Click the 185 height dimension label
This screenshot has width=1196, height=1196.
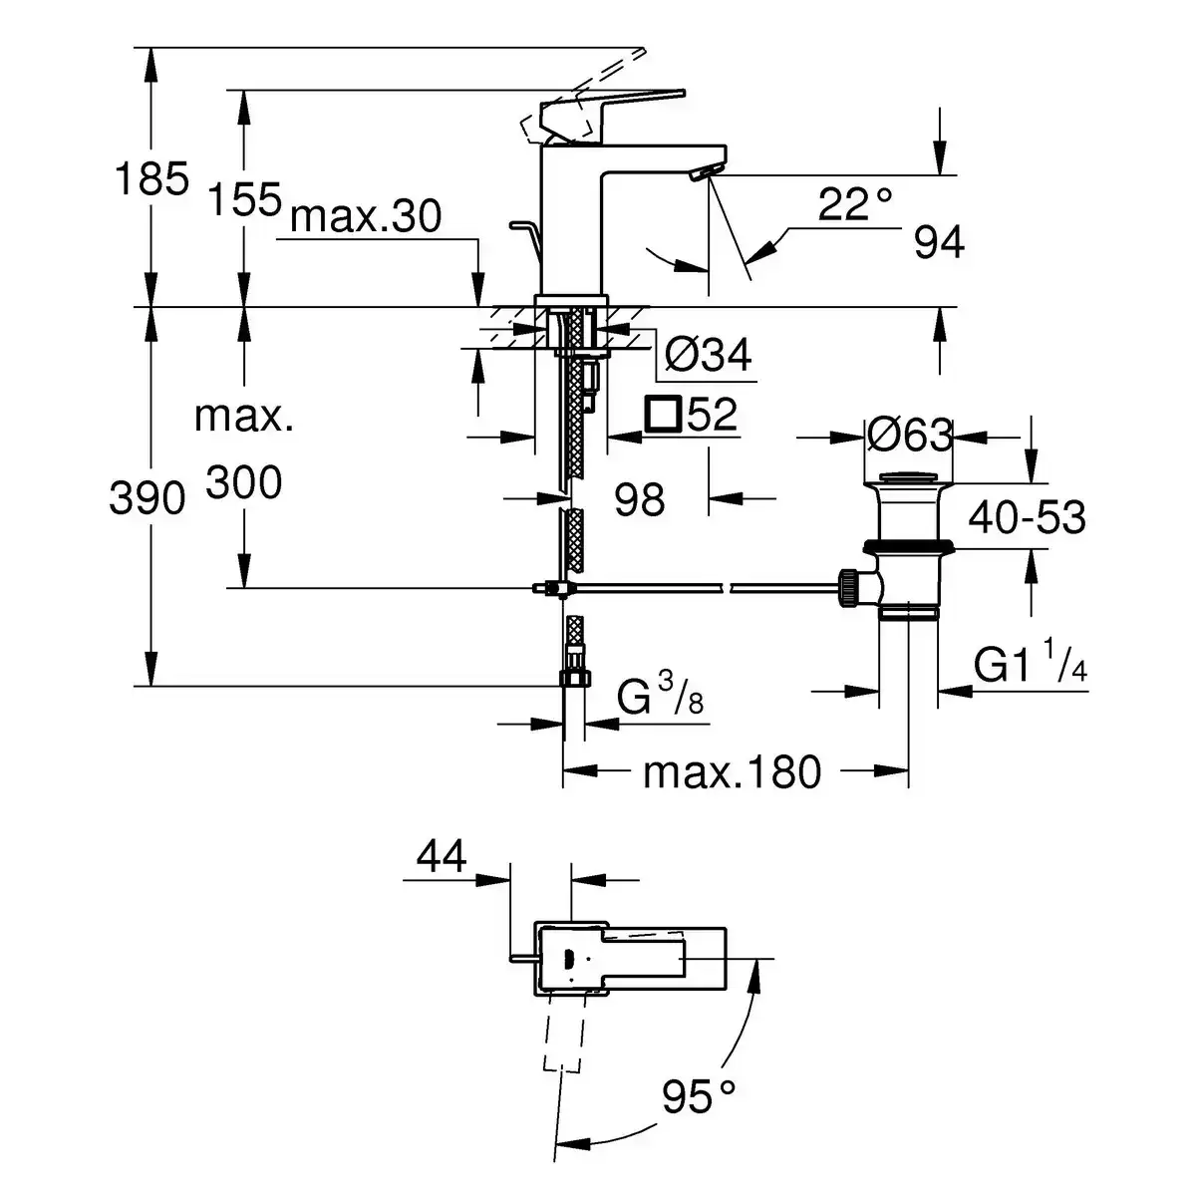coord(151,180)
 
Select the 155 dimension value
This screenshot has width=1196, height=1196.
coord(243,199)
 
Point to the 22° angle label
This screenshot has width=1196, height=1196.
coord(854,206)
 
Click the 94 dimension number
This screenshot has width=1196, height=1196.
coord(939,243)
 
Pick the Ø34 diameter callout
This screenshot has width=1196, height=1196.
coord(707,355)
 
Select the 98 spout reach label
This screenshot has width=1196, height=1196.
coord(639,499)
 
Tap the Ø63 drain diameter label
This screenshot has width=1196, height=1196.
coord(909,436)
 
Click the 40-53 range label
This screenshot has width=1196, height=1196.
coord(1027,518)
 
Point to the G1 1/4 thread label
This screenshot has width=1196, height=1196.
coord(1031,666)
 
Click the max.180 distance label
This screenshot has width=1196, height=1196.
coord(732,771)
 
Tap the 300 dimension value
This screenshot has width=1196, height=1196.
coord(244,484)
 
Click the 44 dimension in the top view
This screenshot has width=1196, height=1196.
coord(442,856)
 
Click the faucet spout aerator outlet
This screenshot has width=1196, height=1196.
coord(702,175)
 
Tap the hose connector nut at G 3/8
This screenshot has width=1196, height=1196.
coord(573,678)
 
